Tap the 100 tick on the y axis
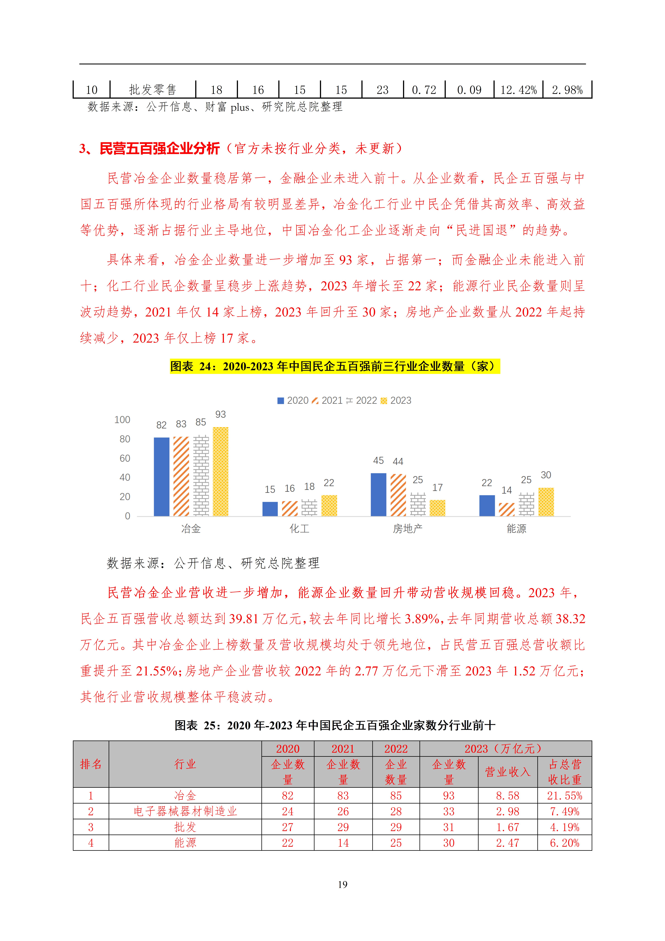tap(122, 420)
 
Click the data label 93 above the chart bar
tap(221, 414)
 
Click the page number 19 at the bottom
tap(343, 884)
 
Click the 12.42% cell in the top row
tap(518, 90)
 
